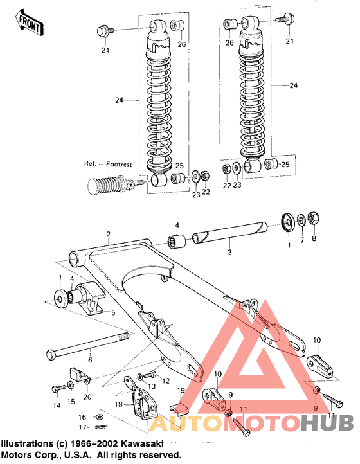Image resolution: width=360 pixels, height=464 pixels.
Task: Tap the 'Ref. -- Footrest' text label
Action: [x=107, y=165]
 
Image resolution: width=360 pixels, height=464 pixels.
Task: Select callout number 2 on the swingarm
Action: [x=109, y=234]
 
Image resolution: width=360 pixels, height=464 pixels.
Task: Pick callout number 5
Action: [x=113, y=313]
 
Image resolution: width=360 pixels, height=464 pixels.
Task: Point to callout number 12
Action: [x=166, y=380]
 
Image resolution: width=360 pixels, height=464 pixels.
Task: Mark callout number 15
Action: [x=71, y=402]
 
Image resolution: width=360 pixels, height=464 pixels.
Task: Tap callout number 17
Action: [x=82, y=426]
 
